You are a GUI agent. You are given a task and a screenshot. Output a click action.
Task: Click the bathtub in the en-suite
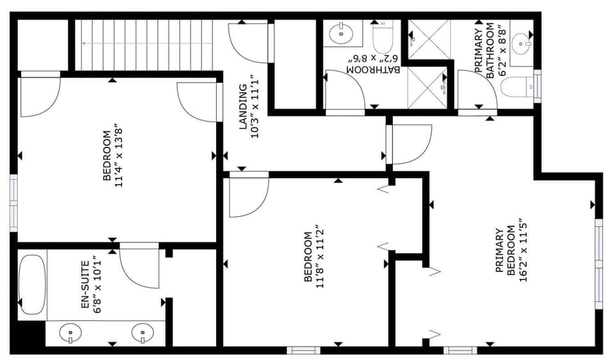tap(33, 285)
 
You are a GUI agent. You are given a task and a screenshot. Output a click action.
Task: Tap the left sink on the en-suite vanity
tap(71, 333)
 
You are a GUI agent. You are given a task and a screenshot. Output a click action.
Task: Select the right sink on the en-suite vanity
tap(143, 333)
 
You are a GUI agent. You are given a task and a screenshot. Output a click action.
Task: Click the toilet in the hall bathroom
tap(382, 38)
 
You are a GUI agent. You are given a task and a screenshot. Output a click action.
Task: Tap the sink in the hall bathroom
tap(341, 33)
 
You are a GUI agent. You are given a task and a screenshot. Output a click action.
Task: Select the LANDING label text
tap(243, 106)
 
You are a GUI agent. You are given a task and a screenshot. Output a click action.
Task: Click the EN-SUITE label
tap(86, 285)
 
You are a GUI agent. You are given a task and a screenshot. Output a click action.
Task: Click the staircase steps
tap(143, 45)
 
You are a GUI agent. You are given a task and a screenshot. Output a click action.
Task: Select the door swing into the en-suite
tap(139, 266)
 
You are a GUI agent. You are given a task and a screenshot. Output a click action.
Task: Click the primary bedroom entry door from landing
tap(409, 145)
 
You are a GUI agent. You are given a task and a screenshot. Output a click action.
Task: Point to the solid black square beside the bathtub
tap(31, 333)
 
